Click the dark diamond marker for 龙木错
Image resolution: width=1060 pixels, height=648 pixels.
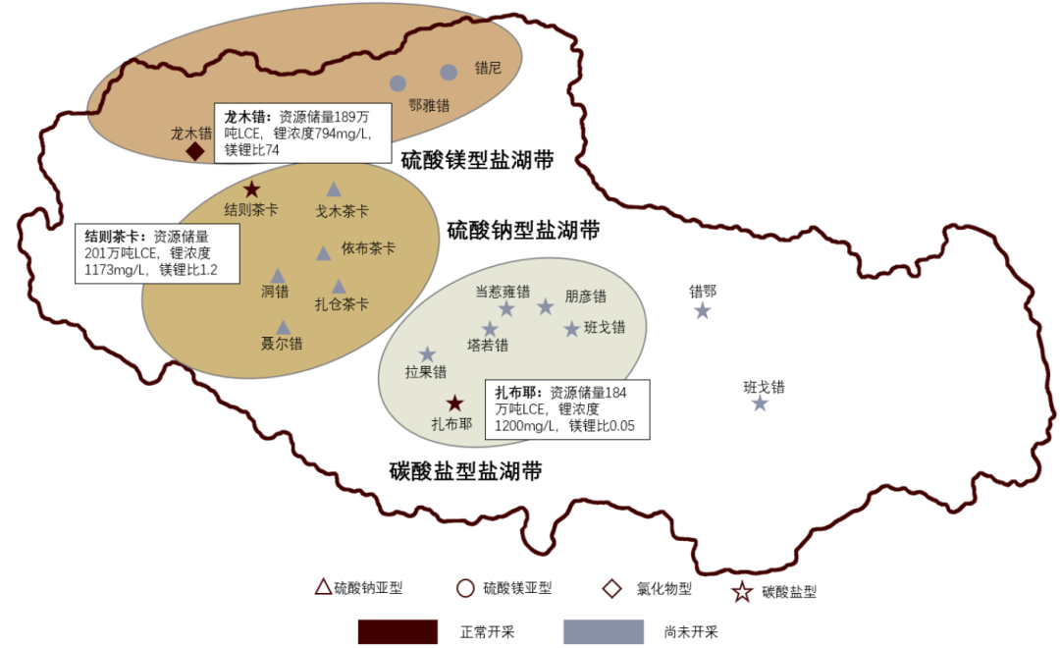195,151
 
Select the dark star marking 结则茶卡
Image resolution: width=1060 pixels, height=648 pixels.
251,189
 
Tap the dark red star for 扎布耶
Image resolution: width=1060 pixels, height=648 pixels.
454,403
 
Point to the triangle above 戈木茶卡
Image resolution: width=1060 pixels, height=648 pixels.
334,189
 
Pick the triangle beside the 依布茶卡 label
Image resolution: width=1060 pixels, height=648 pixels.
324,253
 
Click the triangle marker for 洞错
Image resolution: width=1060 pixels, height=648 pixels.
278,276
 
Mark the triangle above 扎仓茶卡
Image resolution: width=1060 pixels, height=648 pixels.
339,287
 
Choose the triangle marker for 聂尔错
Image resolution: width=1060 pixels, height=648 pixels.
283,327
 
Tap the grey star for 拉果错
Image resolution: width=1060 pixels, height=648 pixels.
427,353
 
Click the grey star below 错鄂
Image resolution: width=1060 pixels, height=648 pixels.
703,310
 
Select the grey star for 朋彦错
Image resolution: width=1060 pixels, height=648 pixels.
546,306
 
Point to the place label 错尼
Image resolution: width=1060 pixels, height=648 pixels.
488,69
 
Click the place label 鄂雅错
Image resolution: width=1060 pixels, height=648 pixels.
429,105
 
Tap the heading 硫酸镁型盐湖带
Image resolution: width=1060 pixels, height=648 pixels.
478,161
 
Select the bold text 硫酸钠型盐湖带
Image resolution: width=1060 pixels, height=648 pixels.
523,231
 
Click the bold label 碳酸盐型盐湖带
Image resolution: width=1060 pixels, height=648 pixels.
465,471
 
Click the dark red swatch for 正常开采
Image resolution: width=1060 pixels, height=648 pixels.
397,631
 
